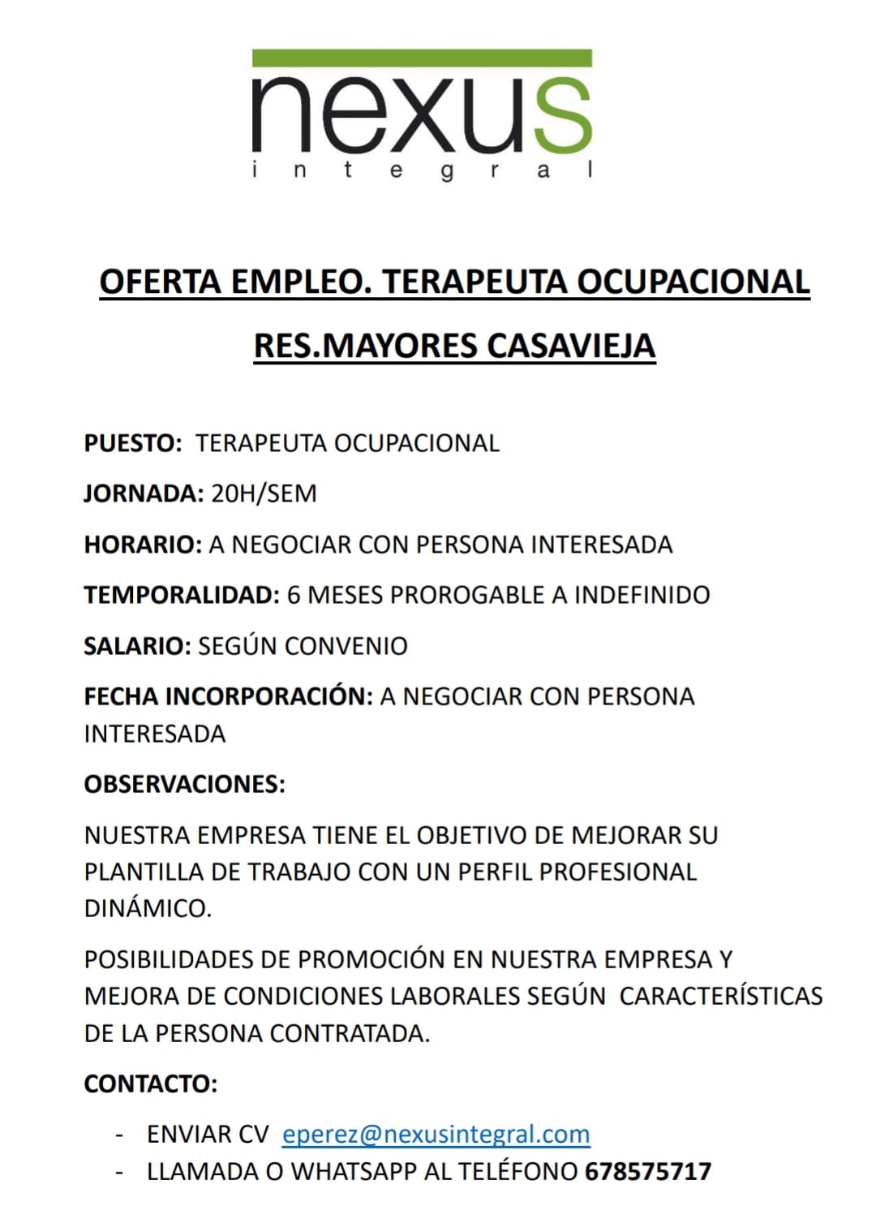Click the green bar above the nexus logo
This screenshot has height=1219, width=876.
(x=422, y=58)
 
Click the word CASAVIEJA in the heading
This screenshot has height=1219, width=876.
(x=571, y=346)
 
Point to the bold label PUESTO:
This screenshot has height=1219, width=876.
(x=133, y=443)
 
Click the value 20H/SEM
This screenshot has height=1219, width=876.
(x=264, y=493)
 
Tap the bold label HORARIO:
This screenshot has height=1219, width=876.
(x=142, y=545)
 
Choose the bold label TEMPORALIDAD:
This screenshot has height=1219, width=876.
(x=182, y=595)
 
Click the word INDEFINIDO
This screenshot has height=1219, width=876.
(x=642, y=595)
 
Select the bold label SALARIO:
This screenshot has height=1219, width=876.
(x=137, y=646)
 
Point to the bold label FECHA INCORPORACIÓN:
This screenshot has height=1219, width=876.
(x=228, y=696)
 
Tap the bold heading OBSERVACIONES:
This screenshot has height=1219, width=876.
(x=184, y=784)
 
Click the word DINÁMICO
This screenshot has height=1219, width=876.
(x=148, y=908)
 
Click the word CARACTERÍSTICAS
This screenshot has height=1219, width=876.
(x=721, y=996)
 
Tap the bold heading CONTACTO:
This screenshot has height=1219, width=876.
(x=150, y=1083)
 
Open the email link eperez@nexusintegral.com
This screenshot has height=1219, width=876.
(x=436, y=1134)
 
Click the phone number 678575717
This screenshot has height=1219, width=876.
(x=647, y=1171)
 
